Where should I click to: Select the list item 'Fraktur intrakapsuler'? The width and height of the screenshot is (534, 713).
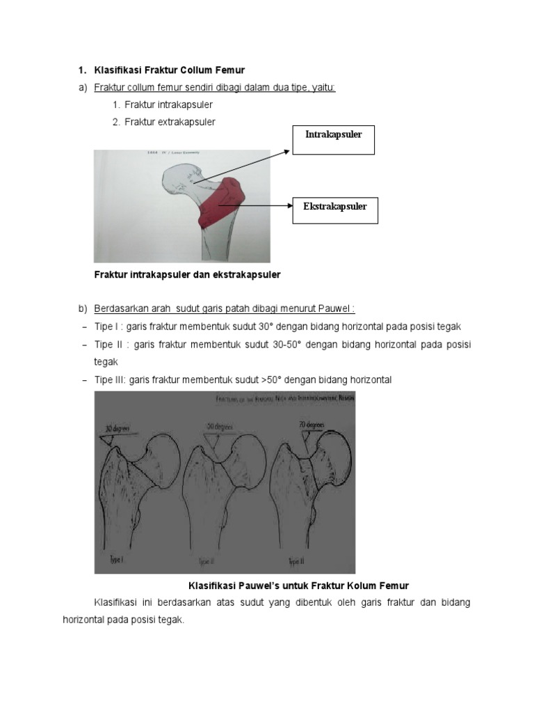168,104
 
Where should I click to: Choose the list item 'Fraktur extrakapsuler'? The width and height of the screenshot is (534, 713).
170,122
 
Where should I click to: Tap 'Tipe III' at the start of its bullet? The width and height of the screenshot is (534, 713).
108,379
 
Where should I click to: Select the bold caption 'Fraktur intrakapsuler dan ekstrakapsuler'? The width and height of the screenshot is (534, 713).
187,274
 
